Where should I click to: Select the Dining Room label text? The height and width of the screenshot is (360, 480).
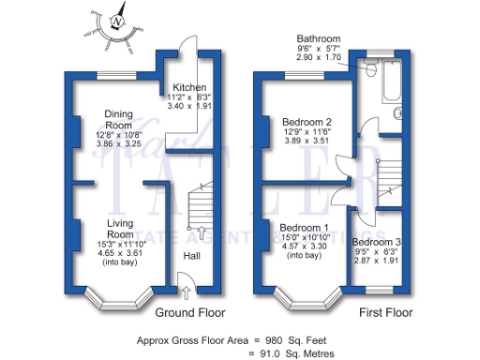(x=118, y=119)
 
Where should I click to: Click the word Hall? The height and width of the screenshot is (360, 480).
(x=190, y=256)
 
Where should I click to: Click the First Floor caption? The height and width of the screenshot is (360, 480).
(x=387, y=311)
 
